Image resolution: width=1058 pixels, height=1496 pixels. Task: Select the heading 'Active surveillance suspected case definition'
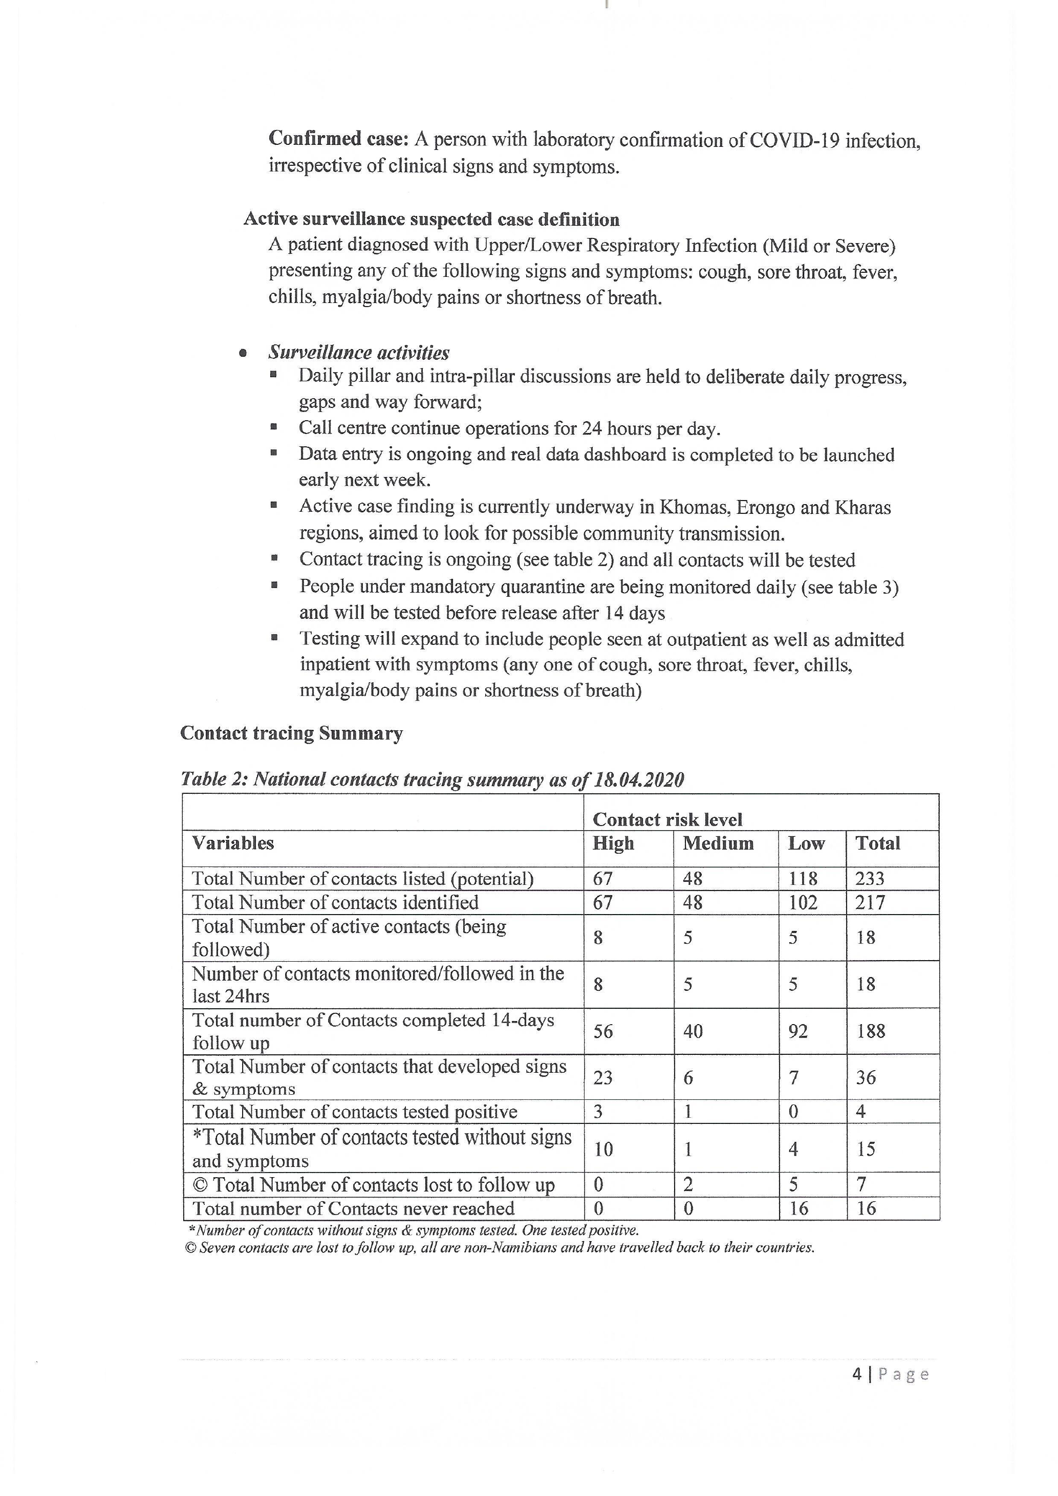pos(431,219)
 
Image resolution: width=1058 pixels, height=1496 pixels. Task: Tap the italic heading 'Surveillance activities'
pos(358,353)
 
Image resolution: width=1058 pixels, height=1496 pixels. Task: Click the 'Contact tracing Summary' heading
pos(291,733)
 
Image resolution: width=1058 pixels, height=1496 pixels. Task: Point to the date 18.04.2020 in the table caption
pos(638,779)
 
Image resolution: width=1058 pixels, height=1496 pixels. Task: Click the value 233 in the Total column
pos(870,878)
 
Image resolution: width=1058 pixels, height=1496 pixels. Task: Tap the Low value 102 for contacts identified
pos(803,902)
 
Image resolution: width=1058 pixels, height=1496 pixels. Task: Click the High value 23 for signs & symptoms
pos(602,1078)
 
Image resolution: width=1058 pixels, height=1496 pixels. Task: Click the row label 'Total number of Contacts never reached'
pos(353,1209)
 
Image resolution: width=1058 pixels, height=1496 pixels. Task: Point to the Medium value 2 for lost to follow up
pos(688,1184)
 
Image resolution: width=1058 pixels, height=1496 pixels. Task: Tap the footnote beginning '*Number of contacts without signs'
pos(413,1230)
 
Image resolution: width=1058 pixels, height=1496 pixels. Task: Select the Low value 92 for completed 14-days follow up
pos(798,1031)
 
